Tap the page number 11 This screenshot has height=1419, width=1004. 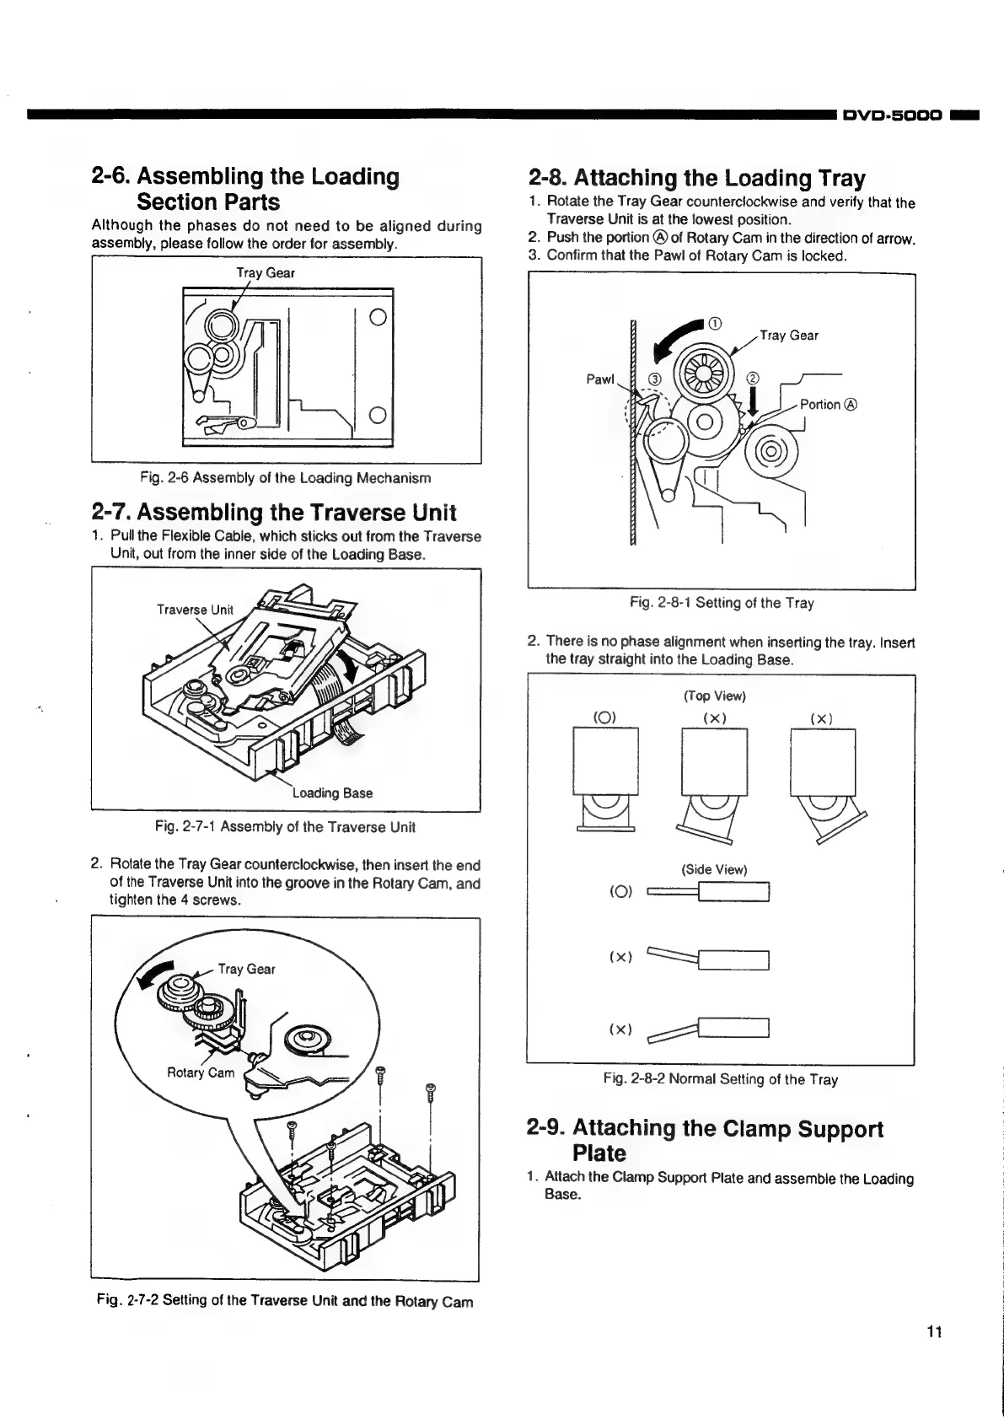(932, 1332)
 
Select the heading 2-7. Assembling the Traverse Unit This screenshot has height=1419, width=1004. (274, 512)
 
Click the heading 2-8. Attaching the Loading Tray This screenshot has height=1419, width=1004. (696, 178)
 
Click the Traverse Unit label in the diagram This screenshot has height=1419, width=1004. (195, 610)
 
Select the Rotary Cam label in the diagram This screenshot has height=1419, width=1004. (201, 1072)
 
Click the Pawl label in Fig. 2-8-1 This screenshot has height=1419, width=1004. (600, 379)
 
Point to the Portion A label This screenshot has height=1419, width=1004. (828, 405)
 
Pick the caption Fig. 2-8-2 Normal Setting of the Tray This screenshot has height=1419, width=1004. (720, 1079)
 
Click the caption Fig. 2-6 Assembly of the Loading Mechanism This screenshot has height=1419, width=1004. (287, 478)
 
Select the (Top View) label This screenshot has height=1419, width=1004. (714, 696)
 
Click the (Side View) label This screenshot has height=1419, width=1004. (714, 869)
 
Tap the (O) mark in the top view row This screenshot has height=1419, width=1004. (606, 718)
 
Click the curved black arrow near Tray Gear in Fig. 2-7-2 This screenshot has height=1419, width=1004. (162, 975)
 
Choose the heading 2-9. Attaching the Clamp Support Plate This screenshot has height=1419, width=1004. (705, 1140)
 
